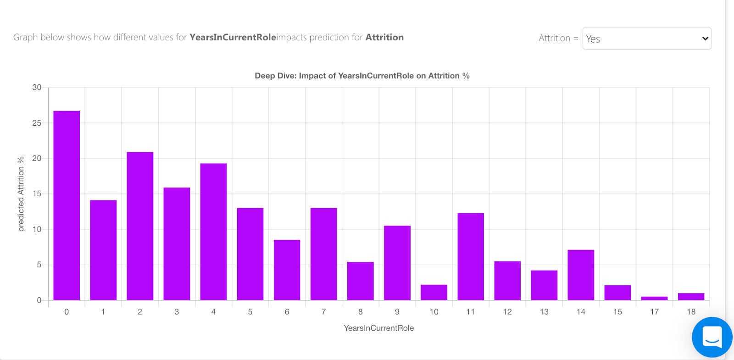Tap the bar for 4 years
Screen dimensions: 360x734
click(x=213, y=232)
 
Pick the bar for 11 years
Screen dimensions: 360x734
click(x=471, y=256)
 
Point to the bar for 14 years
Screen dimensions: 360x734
click(x=581, y=275)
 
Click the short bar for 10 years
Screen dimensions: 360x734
click(x=434, y=293)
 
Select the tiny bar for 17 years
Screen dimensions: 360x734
click(x=654, y=299)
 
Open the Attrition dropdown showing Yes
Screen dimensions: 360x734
click(x=646, y=39)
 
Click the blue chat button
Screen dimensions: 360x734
click(x=712, y=337)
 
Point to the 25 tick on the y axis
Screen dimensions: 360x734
click(x=37, y=123)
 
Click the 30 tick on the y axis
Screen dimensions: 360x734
click(x=37, y=88)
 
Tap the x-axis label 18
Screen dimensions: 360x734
click(x=691, y=312)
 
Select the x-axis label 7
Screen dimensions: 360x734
click(x=323, y=312)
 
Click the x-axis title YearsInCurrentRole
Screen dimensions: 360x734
click(x=378, y=328)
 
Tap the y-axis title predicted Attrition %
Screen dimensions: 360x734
click(x=21, y=194)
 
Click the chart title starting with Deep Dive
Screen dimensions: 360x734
click(x=362, y=76)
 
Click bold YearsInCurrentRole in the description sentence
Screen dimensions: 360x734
click(x=233, y=37)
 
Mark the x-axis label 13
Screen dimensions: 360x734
click(x=544, y=312)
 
